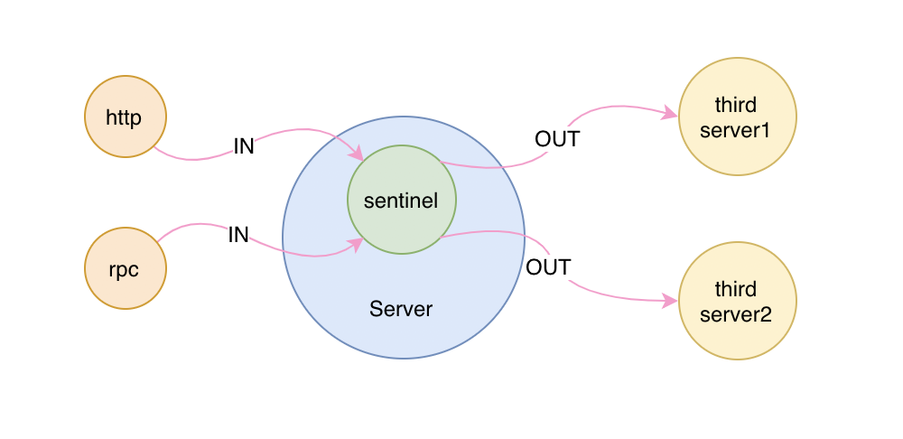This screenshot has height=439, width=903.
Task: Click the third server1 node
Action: click(x=737, y=117)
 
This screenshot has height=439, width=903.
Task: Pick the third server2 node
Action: click(x=737, y=300)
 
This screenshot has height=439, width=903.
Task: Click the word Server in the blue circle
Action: click(x=401, y=309)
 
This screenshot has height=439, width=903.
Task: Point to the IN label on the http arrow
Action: click(x=244, y=145)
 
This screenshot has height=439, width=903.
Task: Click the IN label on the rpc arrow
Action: click(x=238, y=235)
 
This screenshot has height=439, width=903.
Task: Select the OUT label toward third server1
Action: click(x=556, y=139)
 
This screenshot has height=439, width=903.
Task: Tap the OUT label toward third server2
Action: click(x=548, y=267)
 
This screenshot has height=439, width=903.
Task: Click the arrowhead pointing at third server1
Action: click(x=671, y=114)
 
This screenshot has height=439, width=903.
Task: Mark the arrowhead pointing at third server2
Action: click(x=671, y=301)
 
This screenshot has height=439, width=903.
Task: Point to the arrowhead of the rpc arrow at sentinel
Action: click(x=356, y=242)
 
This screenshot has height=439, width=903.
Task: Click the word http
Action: click(x=125, y=117)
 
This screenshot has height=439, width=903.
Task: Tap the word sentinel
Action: click(x=401, y=201)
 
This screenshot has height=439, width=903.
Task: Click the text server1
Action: click(x=737, y=130)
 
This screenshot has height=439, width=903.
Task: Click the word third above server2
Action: click(x=736, y=289)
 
